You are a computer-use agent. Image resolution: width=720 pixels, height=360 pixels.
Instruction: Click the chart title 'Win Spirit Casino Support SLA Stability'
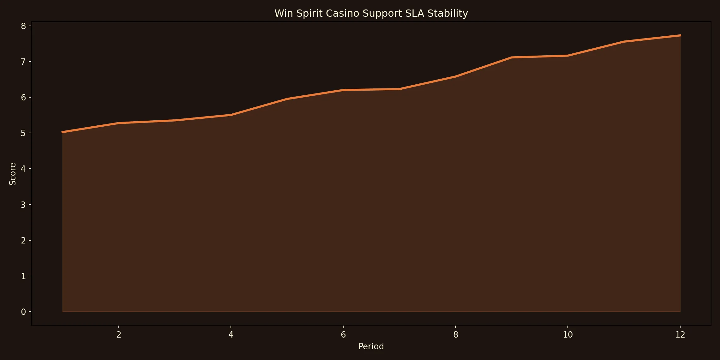371,13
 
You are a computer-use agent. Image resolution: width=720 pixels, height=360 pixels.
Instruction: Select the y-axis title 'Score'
12,174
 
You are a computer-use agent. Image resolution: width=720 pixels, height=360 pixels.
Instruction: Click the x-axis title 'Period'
371,346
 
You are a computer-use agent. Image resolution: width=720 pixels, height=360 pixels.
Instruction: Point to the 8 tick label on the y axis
23,26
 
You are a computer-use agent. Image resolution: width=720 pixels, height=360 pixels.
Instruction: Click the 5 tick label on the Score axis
23,133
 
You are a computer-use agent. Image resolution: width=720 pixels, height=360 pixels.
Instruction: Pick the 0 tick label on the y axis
23,312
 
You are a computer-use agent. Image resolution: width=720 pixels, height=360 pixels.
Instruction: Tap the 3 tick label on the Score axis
23,205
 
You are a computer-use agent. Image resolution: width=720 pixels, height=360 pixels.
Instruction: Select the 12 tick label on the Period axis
680,335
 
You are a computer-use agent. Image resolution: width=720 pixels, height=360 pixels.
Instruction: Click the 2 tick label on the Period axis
119,335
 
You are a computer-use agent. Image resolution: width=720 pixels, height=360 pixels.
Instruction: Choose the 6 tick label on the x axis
343,335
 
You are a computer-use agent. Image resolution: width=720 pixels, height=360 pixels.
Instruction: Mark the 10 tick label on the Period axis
568,335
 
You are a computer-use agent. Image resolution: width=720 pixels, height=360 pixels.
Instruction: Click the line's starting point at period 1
63,132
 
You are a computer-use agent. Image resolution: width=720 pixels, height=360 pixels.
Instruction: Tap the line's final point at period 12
680,35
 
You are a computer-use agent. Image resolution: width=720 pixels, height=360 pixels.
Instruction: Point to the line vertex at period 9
512,57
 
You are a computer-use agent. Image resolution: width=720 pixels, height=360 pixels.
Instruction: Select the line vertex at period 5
287,99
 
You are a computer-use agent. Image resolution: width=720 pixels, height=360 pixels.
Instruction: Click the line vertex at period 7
399,89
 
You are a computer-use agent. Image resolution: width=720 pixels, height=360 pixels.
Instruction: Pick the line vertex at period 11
624,42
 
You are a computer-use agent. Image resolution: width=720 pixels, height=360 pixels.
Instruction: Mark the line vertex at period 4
231,115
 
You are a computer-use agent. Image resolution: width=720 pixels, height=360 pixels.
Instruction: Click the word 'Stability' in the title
447,13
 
